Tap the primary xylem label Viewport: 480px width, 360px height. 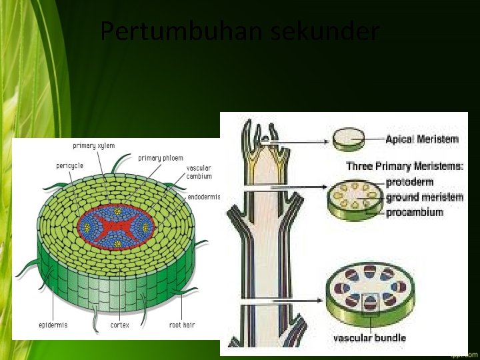pyautogui.click(x=94, y=145)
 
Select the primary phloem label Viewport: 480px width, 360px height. pyautogui.click(x=161, y=158)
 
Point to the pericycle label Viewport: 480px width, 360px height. pyautogui.click(x=70, y=165)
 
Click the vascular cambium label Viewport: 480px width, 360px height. pyautogui.click(x=199, y=172)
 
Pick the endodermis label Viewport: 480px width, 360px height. pyautogui.click(x=203, y=197)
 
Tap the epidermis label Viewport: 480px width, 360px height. pyautogui.click(x=53, y=325)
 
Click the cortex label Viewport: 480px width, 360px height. pyautogui.click(x=120, y=325)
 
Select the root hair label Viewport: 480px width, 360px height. pyautogui.click(x=182, y=325)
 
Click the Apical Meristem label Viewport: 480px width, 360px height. pyautogui.click(x=422, y=139)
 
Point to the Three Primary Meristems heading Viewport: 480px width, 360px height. pyautogui.click(x=405, y=166)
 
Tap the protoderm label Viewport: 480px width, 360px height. pyautogui.click(x=409, y=182)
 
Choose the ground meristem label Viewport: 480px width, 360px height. pyautogui.click(x=425, y=197)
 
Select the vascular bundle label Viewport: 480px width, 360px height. pyautogui.click(x=369, y=338)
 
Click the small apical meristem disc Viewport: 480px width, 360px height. pyautogui.click(x=349, y=139)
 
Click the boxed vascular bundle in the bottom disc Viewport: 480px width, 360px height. pyautogui.click(x=368, y=303)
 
